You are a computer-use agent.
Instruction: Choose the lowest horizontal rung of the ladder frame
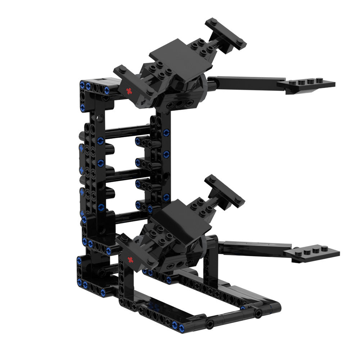[x=130, y=216]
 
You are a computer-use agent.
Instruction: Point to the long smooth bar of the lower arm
[x=252, y=247]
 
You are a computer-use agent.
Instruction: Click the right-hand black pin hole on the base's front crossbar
[x=258, y=314]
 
